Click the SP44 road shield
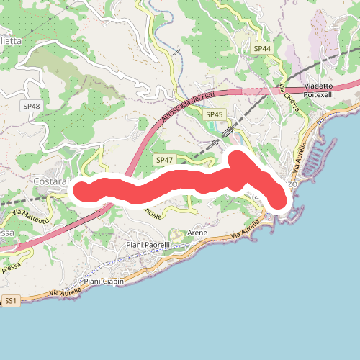pos(263,48)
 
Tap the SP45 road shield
pos(215,114)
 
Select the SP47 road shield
pos(164,158)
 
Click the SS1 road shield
pos(11,300)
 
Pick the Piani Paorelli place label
pos(148,245)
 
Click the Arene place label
pos(197,233)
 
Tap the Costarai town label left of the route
pos(50,181)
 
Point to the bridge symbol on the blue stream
pos(177,52)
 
